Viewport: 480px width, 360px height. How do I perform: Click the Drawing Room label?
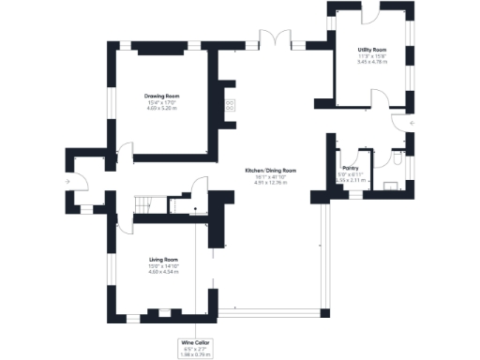click(x=161, y=96)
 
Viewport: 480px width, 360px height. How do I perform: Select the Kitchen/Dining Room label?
click(x=271, y=171)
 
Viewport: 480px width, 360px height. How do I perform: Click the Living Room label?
click(x=163, y=259)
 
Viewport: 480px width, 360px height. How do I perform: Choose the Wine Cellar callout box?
click(x=194, y=349)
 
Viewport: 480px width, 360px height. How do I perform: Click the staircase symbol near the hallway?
click(x=144, y=205)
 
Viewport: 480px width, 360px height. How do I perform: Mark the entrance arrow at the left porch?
click(x=68, y=181)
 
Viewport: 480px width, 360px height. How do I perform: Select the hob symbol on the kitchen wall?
click(x=227, y=105)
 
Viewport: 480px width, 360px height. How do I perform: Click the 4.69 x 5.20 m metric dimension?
click(x=161, y=108)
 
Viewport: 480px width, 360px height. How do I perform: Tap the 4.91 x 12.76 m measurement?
click(x=271, y=183)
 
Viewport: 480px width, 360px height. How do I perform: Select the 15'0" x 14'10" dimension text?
click(x=163, y=265)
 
